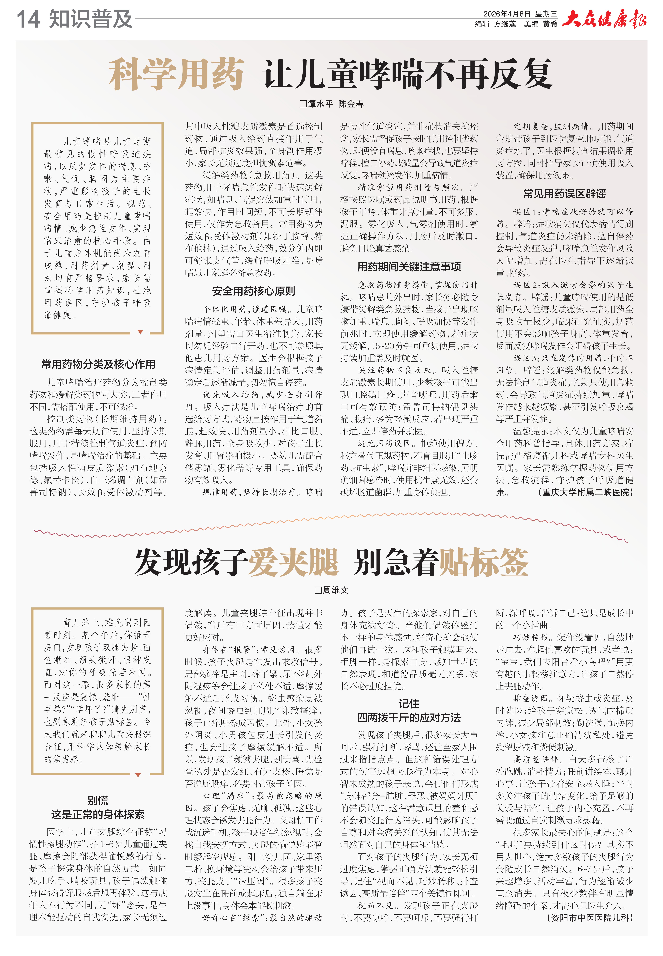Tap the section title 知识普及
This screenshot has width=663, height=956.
[x=91, y=19]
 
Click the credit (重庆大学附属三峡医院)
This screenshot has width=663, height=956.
[x=586, y=492]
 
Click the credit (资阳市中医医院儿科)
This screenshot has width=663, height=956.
[x=590, y=918]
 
